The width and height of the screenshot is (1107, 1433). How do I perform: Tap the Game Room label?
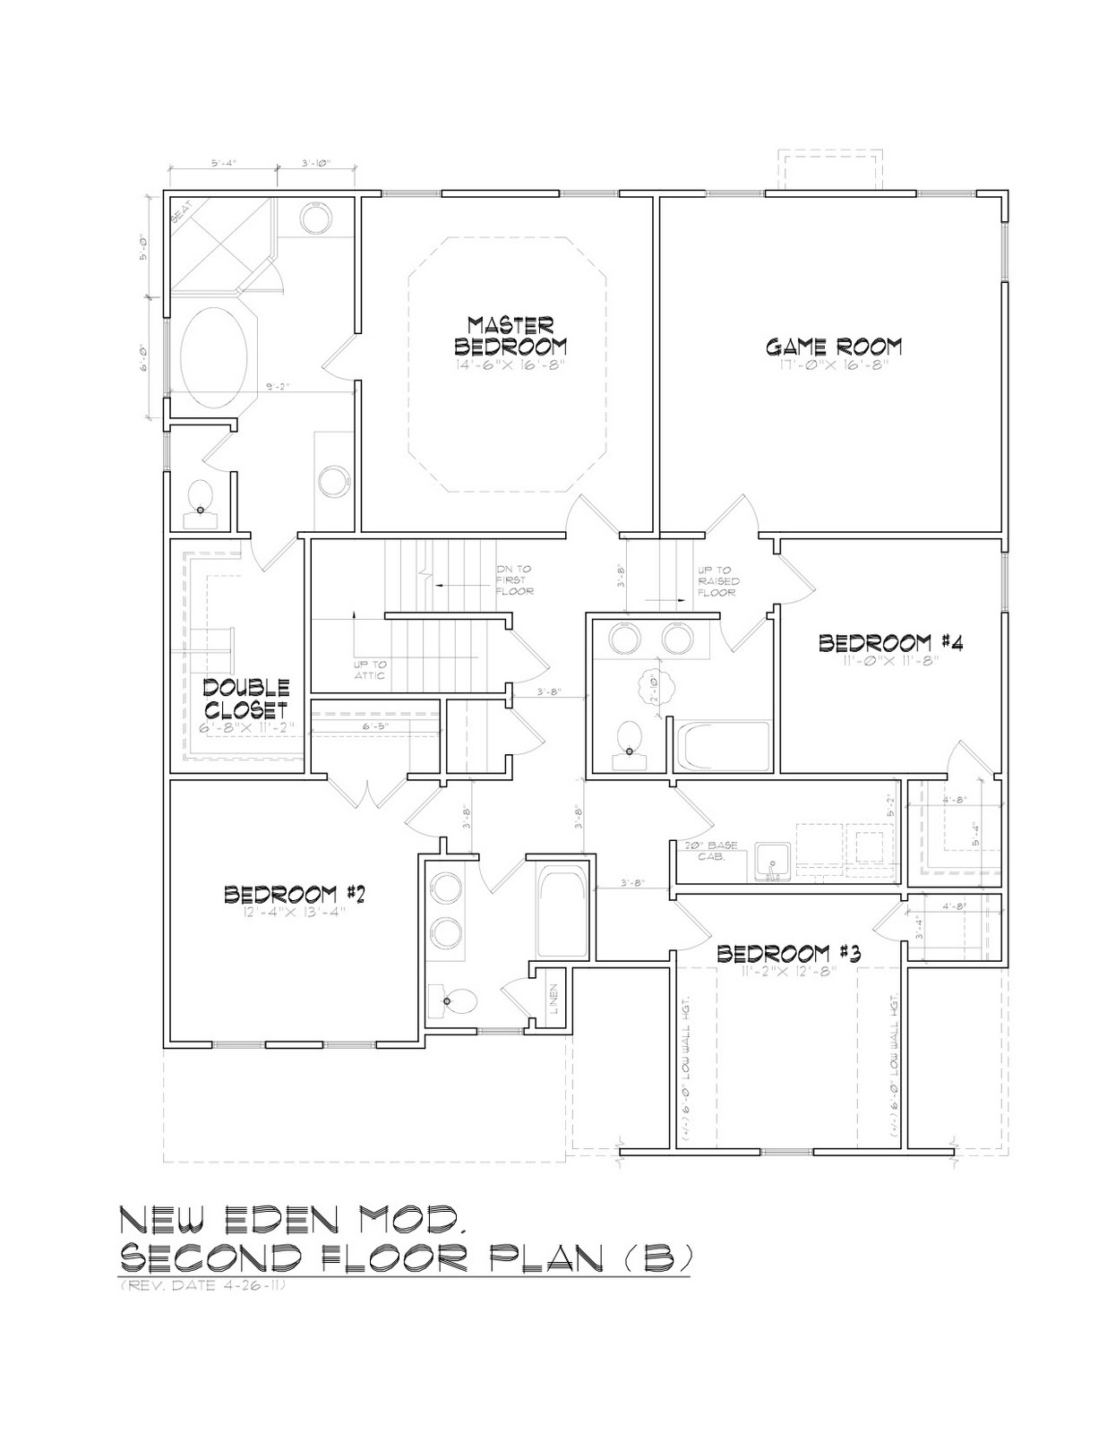point(833,346)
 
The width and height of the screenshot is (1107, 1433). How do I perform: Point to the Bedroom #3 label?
point(788,953)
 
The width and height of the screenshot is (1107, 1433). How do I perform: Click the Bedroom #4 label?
point(890,642)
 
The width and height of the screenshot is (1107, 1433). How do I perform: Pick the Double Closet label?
point(245,699)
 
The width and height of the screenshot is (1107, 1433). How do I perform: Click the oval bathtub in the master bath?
point(215,359)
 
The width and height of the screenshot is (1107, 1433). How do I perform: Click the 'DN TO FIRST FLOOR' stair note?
point(516,580)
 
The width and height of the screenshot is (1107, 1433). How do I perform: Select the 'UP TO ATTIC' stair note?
point(370,669)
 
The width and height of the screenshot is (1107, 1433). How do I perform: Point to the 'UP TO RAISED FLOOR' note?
point(719,580)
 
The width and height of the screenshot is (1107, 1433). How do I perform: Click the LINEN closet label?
point(553,1000)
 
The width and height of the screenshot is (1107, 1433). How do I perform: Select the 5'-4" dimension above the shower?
point(224,164)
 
